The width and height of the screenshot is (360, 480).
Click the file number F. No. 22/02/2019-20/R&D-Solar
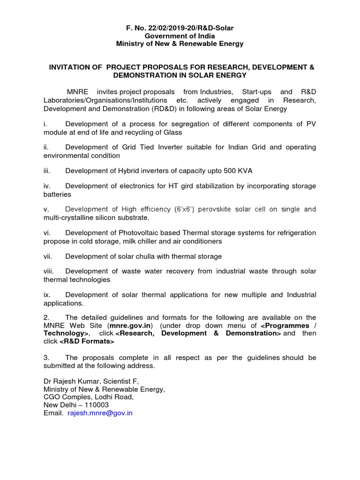tap(180, 28)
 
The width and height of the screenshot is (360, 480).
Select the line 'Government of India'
tap(180, 36)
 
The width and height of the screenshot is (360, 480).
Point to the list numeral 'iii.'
tap(47, 171)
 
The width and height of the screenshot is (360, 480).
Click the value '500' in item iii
tap(231, 171)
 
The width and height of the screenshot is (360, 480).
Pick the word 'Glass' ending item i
tap(172, 132)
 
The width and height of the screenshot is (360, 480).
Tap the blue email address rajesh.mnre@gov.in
tap(100, 413)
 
